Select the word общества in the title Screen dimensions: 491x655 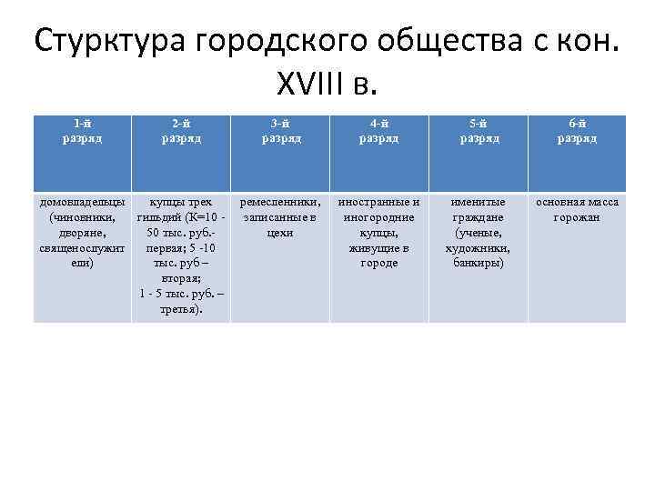click(438, 41)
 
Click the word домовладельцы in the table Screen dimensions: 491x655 click(83, 202)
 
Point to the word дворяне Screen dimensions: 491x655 click(83, 233)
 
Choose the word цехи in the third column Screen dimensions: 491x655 click(280, 233)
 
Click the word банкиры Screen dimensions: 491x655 click(479, 263)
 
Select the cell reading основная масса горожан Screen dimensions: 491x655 click(577, 209)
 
